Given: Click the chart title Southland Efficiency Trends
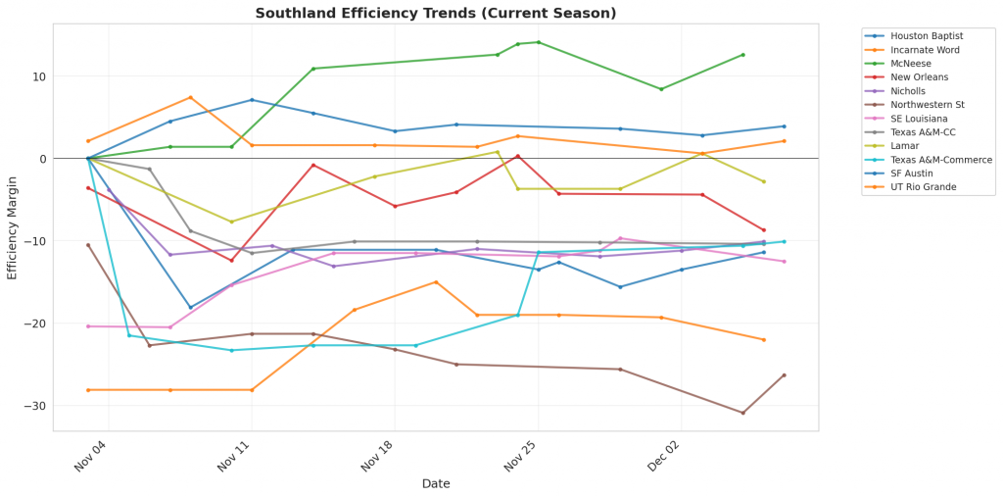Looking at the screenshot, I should pyautogui.click(x=436, y=13).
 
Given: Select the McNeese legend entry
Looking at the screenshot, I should pyautogui.click(x=912, y=63).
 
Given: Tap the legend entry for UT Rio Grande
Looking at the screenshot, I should pyautogui.click(x=924, y=186).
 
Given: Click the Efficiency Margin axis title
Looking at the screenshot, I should pyautogui.click(x=13, y=227).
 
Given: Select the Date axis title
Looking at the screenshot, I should pyautogui.click(x=436, y=484).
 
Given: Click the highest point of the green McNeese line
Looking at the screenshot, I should pyautogui.click(x=538, y=42).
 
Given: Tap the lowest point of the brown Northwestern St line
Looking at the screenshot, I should pyautogui.click(x=742, y=413).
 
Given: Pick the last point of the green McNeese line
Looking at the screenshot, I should pyautogui.click(x=743, y=55).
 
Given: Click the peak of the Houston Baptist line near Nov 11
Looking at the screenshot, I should pyautogui.click(x=252, y=100).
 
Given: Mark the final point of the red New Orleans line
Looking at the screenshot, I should pyautogui.click(x=764, y=230).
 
